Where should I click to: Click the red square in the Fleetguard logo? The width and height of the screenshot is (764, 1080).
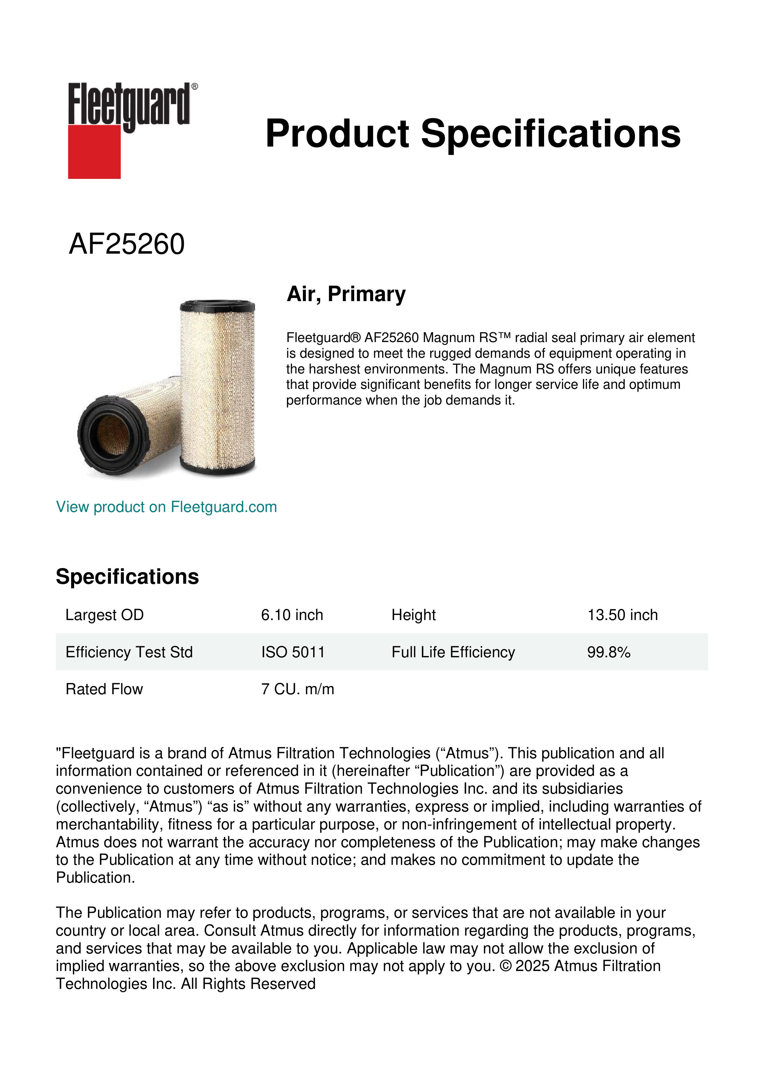pos(94,151)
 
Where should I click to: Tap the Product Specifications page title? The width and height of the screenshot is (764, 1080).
pos(473,134)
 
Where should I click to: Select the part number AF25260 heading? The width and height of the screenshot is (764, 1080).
pos(127,244)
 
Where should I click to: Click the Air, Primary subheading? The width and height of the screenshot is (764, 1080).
pos(346,294)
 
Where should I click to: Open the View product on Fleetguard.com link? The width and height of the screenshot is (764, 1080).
pos(166,507)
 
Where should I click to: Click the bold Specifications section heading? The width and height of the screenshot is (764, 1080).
pos(127,577)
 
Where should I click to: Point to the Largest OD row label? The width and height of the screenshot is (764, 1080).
pos(104,615)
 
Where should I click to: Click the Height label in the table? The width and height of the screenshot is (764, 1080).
pos(414,615)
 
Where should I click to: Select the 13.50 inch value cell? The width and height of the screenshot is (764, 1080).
pos(622,615)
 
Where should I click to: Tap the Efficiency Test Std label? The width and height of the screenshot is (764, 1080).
pos(129,652)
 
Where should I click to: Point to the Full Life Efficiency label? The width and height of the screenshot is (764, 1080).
pos(453,652)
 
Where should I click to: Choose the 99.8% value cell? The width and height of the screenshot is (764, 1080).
pos(608,652)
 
